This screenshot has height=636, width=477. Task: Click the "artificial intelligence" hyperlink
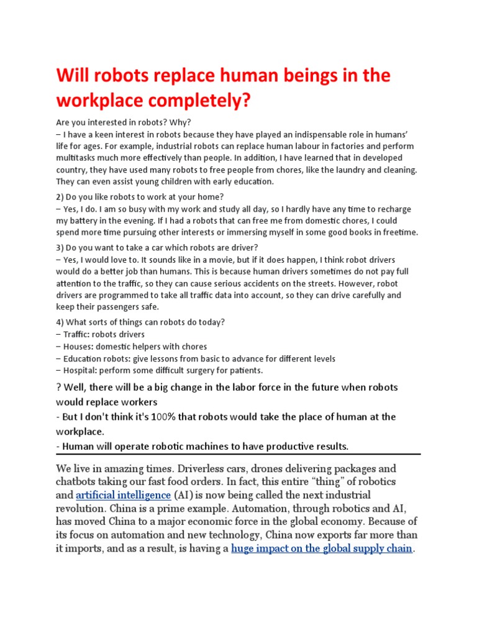pos(123,495)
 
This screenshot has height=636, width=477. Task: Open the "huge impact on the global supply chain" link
pos(322,548)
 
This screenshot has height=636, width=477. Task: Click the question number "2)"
pos(61,197)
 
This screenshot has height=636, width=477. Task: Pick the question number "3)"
pos(61,248)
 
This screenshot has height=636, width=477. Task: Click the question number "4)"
pos(61,322)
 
